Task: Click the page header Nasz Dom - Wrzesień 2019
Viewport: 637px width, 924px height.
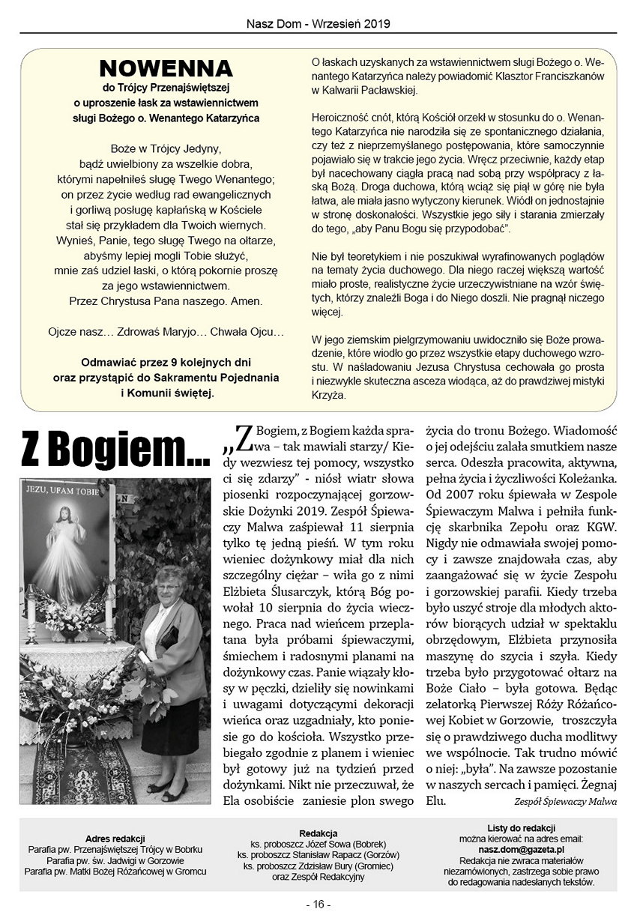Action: pyautogui.click(x=318, y=23)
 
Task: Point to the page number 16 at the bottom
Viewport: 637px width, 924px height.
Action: pyautogui.click(x=318, y=904)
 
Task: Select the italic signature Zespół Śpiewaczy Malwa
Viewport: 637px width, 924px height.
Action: pyautogui.click(x=564, y=801)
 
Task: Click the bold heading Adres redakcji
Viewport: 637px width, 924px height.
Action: pyautogui.click(x=115, y=838)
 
